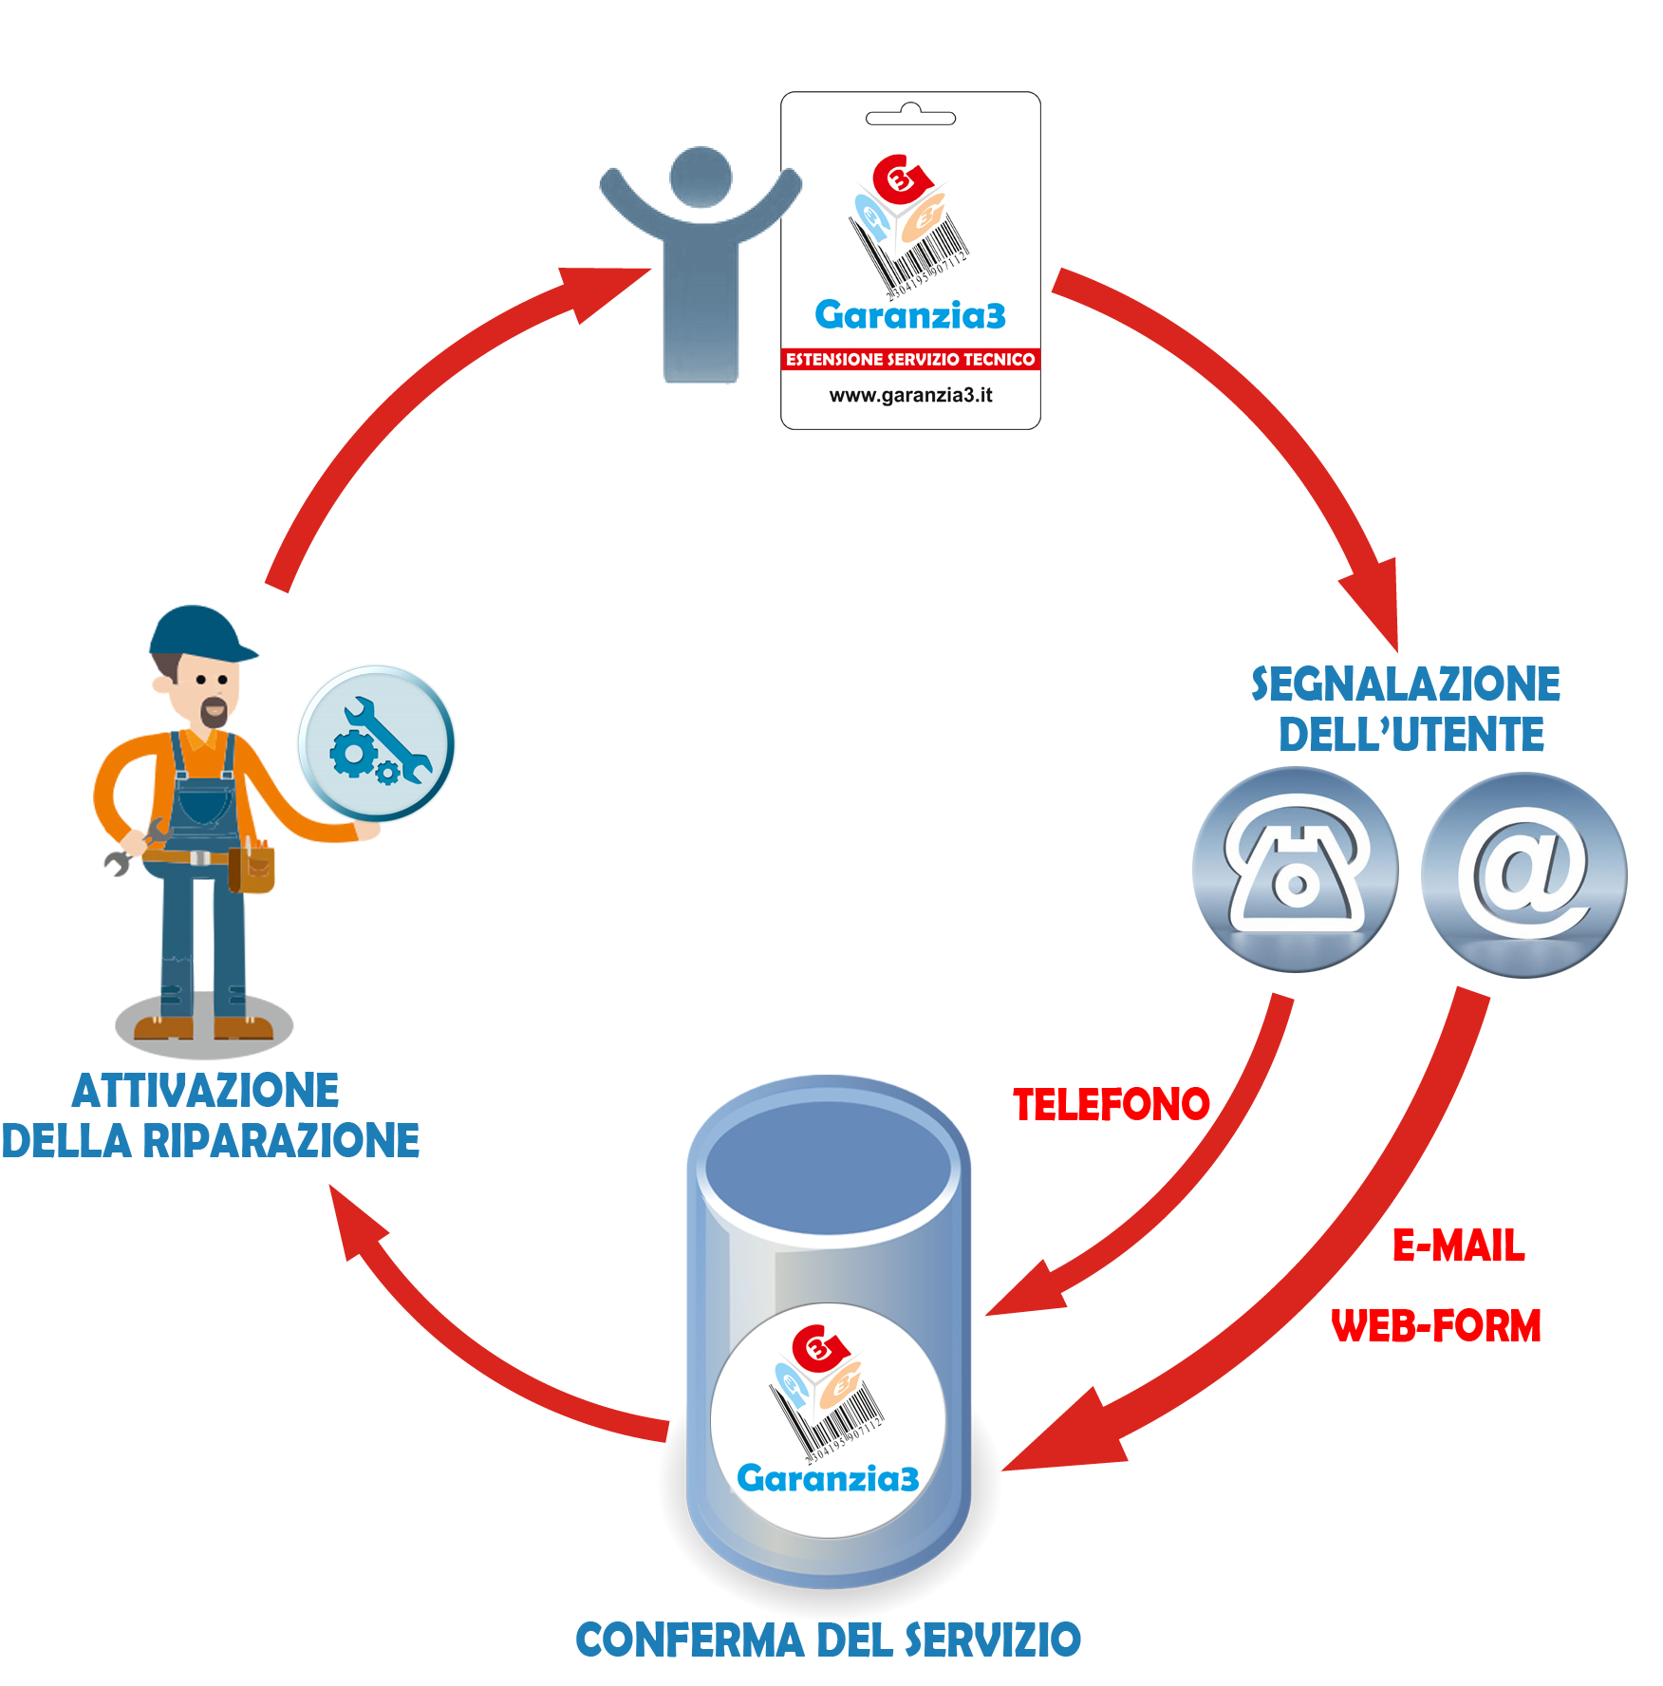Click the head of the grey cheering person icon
point(701,177)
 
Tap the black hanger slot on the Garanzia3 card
point(910,118)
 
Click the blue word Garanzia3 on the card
point(909,315)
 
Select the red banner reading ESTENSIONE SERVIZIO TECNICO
point(909,359)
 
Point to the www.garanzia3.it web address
point(909,395)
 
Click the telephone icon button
point(1297,870)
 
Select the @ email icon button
point(1524,873)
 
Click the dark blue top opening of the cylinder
point(828,1162)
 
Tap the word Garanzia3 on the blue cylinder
point(828,1478)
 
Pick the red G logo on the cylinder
point(816,1347)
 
